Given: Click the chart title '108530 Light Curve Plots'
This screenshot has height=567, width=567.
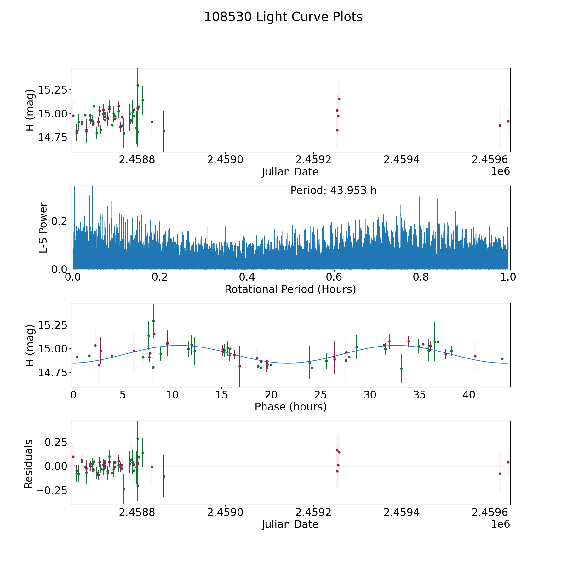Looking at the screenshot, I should [283, 17].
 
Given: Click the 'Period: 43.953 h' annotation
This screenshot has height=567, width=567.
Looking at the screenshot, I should [333, 191].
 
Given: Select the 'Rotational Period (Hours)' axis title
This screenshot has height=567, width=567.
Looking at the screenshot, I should [290, 289].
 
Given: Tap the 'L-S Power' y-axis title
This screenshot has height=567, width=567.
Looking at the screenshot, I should [43, 227].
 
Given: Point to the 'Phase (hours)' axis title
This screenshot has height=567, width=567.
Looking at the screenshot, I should [290, 407].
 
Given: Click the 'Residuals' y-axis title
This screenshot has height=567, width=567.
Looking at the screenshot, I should [29, 464].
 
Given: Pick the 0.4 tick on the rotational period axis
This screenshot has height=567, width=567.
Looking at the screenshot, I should [247, 277].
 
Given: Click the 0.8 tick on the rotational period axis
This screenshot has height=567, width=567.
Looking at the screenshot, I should [421, 277].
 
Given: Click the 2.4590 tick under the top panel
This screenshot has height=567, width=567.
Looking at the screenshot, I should [225, 160].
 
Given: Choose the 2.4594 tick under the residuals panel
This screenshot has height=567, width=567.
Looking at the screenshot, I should [401, 513].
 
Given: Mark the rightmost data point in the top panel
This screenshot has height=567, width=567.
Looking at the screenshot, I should [508, 121].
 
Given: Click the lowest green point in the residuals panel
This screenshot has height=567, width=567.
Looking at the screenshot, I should [124, 489].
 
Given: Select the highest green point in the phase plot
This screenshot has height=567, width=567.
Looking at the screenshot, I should [153, 321].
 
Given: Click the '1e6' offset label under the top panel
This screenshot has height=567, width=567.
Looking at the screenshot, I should [500, 171].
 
